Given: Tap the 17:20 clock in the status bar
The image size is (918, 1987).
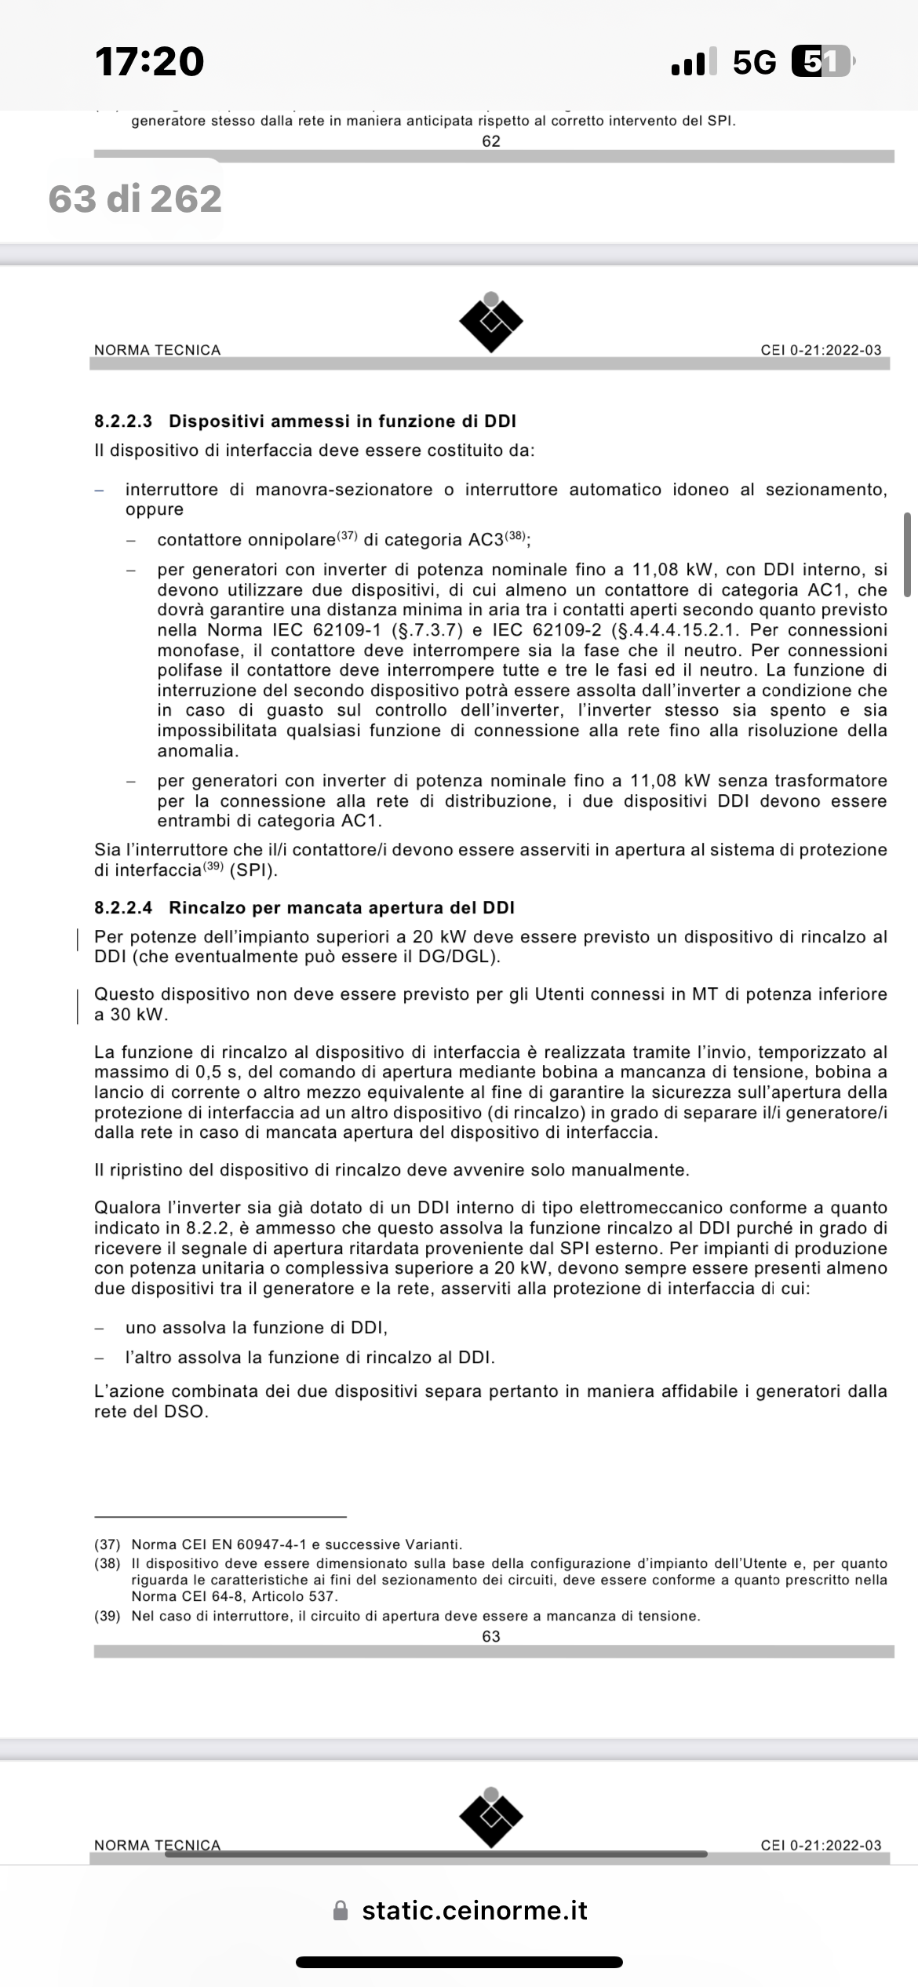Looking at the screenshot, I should [x=149, y=62].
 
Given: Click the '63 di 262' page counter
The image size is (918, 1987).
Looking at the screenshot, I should [x=135, y=199].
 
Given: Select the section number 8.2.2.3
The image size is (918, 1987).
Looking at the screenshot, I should [x=123, y=421].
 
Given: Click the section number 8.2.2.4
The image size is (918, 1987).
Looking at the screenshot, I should [x=123, y=908].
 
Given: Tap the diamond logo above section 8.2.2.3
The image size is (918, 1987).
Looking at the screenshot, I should [x=491, y=322].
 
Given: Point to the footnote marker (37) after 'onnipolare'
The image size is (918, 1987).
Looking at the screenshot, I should [x=347, y=536].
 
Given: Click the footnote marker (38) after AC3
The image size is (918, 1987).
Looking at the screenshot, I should [x=514, y=536].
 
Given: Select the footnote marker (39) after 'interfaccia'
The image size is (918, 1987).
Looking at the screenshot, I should [x=213, y=866].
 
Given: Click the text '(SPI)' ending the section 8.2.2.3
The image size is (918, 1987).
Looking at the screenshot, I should [x=253, y=870].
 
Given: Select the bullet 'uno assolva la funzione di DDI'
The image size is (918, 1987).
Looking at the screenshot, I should [x=257, y=1328].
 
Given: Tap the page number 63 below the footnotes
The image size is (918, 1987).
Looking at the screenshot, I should [x=491, y=1636].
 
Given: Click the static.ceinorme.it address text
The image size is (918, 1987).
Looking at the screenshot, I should [x=475, y=1910].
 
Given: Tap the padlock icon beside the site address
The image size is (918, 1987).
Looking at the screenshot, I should [x=341, y=1911].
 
